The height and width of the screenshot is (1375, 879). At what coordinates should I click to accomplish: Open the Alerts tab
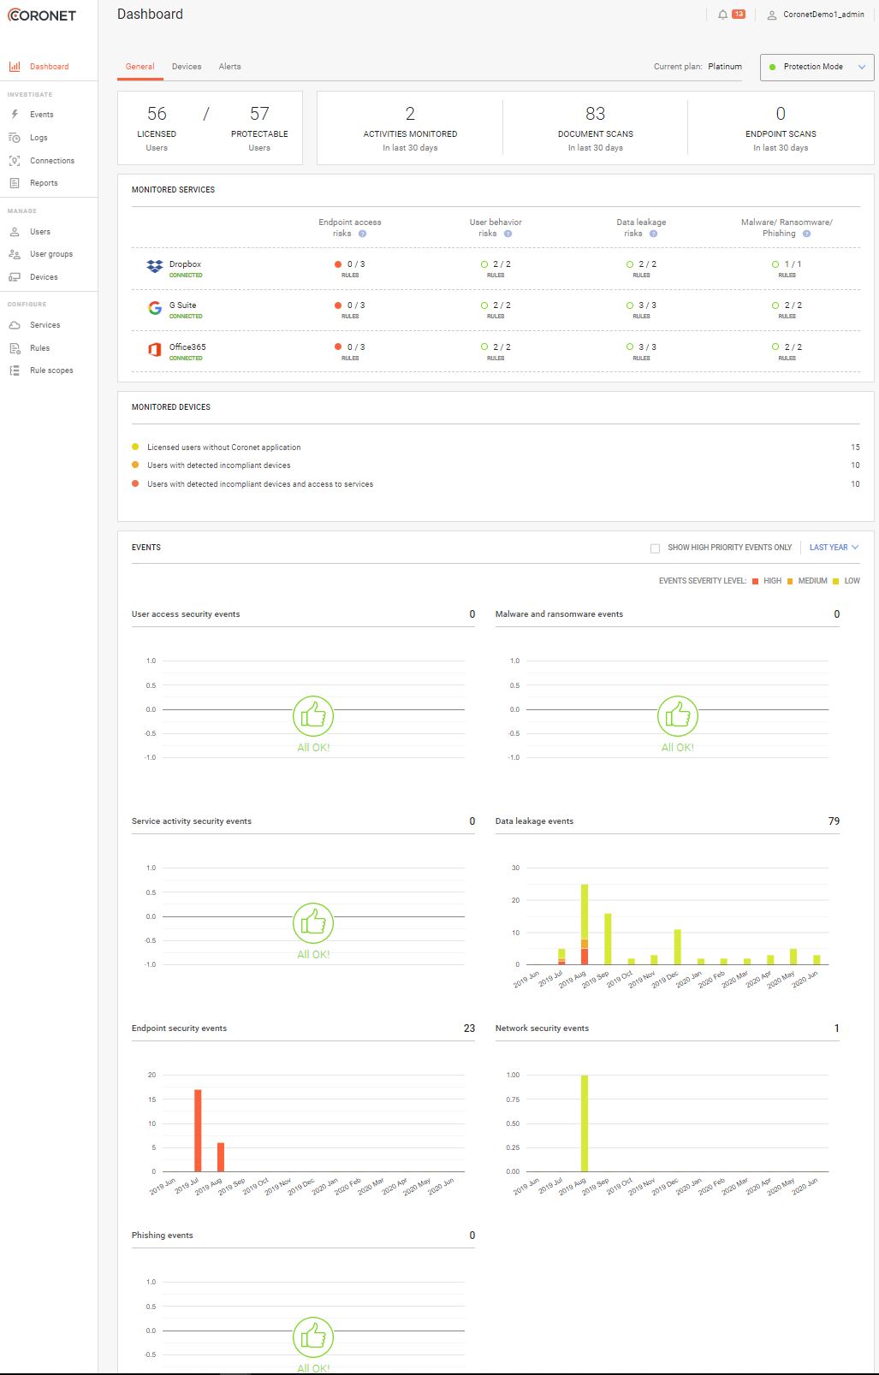click(x=229, y=67)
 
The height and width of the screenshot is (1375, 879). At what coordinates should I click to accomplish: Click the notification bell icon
click(x=723, y=15)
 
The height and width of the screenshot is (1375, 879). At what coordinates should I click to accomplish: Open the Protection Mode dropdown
click(x=817, y=67)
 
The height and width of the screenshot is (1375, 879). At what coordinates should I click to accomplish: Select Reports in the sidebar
click(x=44, y=183)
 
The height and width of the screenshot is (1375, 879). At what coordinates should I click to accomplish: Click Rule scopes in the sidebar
click(x=51, y=370)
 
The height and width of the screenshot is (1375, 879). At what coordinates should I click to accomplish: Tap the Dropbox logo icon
click(x=155, y=267)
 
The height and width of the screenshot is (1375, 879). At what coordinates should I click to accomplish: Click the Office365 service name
click(x=187, y=347)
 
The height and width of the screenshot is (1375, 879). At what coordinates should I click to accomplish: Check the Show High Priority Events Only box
click(x=656, y=548)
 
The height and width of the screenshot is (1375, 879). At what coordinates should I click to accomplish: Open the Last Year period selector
click(x=834, y=548)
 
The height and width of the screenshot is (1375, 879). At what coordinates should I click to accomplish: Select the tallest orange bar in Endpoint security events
click(x=198, y=1129)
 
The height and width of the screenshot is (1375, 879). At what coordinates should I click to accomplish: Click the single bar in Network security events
click(x=585, y=1123)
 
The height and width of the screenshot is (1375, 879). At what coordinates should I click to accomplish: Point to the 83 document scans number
click(x=595, y=114)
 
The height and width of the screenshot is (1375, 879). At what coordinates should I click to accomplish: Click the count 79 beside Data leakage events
click(x=834, y=821)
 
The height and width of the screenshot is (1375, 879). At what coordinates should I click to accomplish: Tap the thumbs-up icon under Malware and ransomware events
click(x=678, y=716)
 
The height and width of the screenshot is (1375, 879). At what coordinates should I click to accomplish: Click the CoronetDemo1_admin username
click(x=823, y=15)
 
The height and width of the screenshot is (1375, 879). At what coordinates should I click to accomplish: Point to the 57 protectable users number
click(x=259, y=114)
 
